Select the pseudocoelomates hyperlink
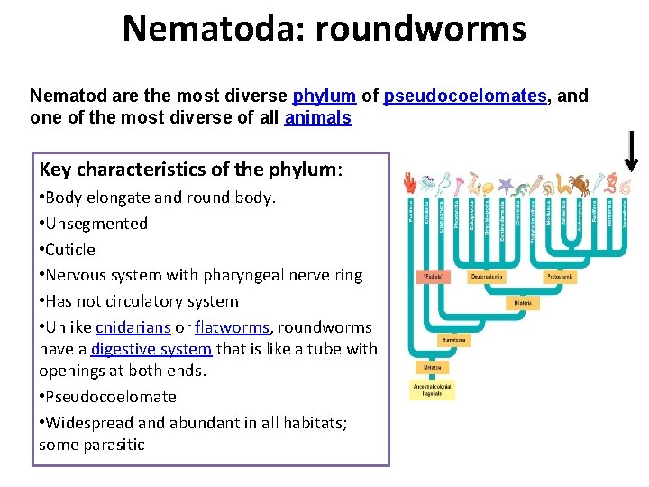[x=465, y=95]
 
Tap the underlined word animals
[x=318, y=118]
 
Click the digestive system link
[x=151, y=349]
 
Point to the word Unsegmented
[x=96, y=224]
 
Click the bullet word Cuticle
[x=69, y=250]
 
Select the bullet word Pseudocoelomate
[x=111, y=397]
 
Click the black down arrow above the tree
[x=632, y=151]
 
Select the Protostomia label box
[x=561, y=275]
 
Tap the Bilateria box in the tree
[x=523, y=303]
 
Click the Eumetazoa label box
[x=453, y=340]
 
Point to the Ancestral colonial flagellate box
[x=434, y=390]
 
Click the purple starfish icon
[x=504, y=188]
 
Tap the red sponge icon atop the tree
[x=410, y=184]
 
